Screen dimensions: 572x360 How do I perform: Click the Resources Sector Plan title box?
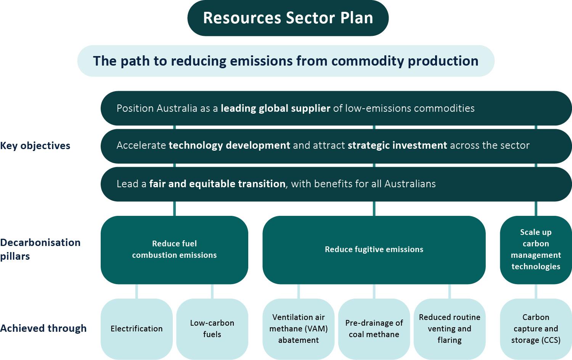tap(288, 18)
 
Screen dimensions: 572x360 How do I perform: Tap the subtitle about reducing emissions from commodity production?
tap(286, 61)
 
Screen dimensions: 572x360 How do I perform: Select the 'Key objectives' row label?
tap(35, 146)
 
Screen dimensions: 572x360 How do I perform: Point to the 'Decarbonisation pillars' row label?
tap(40, 249)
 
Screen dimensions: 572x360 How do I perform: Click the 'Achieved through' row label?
tap(43, 328)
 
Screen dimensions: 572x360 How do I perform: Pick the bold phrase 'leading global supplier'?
tap(276, 108)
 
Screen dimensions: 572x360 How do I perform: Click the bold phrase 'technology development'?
tap(230, 145)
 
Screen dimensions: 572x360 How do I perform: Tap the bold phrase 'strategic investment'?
tap(397, 145)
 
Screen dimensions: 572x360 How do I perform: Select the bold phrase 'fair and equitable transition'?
tap(217, 184)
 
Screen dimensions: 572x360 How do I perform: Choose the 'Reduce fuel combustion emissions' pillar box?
tap(174, 250)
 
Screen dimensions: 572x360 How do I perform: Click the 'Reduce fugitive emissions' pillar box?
tap(374, 250)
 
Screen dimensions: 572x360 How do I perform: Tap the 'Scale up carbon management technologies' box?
tap(536, 250)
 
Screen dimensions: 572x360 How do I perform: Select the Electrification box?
tap(137, 329)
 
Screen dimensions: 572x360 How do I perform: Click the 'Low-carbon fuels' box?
tap(212, 329)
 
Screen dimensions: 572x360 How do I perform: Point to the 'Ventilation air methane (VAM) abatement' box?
tap(299, 329)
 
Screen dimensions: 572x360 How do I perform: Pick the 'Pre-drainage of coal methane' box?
tap(374, 329)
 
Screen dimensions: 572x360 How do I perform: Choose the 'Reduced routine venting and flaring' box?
tap(450, 329)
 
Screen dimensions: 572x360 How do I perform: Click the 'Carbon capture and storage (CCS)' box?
tap(536, 329)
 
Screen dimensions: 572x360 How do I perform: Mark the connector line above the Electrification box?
tap(137, 291)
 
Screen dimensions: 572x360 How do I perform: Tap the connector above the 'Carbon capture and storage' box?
tap(536, 291)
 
